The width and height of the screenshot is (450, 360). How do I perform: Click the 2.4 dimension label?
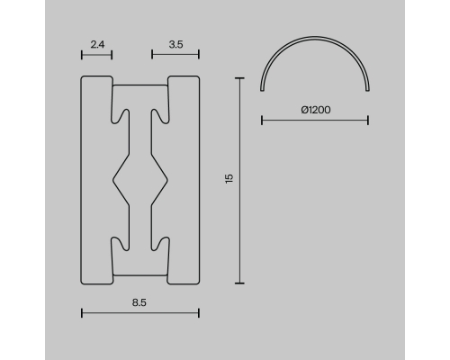tap(97, 45)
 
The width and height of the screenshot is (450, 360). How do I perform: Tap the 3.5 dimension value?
tap(175, 45)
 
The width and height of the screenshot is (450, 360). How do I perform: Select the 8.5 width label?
tap(139, 302)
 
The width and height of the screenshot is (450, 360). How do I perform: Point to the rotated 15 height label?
tap(229, 178)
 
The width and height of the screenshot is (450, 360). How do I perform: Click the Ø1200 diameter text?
tap(316, 110)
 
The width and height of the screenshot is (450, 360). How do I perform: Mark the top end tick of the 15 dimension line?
tap(239, 78)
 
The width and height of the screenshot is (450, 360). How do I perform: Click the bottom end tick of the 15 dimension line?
tap(239, 283)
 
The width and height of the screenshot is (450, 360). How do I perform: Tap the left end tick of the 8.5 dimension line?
tap(82, 313)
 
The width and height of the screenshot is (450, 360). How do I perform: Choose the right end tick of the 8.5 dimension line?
tap(199, 313)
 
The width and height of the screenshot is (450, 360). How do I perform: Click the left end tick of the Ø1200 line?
tap(262, 121)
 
